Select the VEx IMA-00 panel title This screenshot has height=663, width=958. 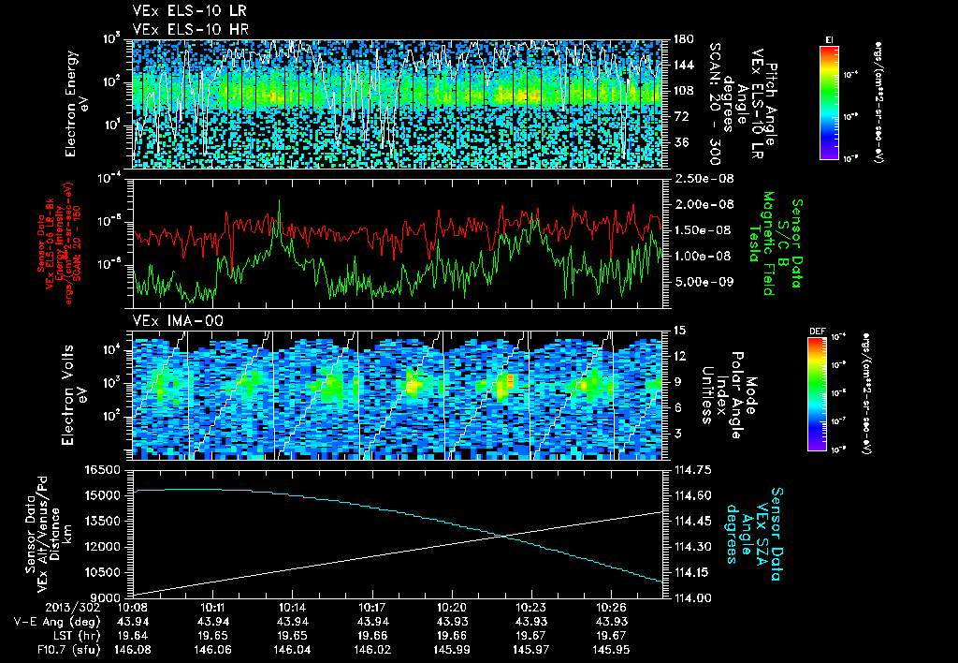pyautogui.click(x=169, y=320)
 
